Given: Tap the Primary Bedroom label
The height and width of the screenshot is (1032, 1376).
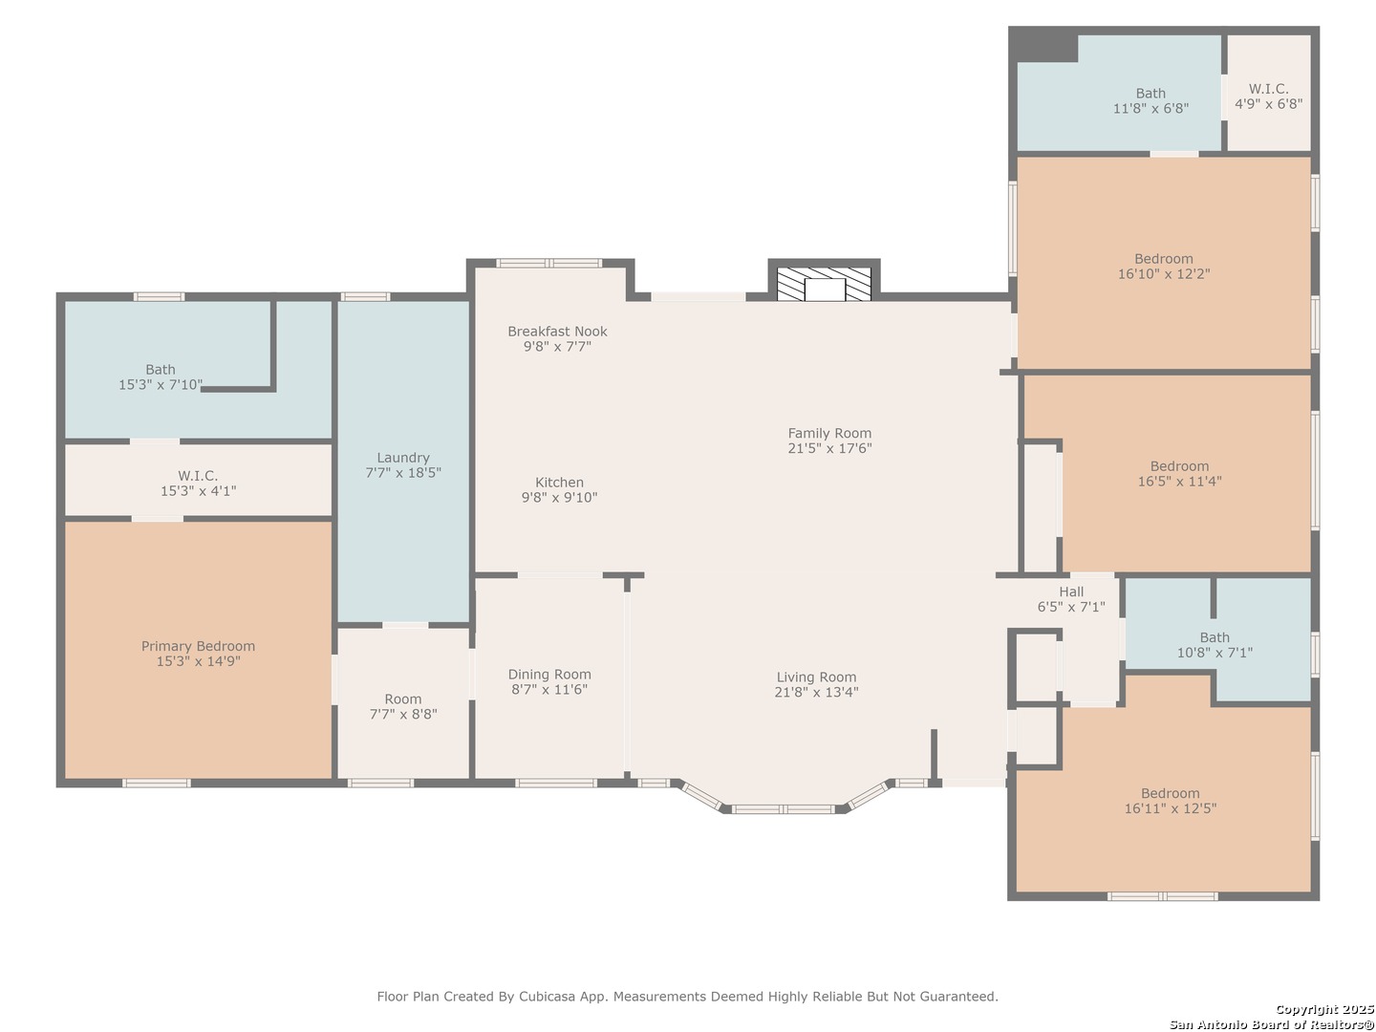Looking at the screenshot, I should [198, 647].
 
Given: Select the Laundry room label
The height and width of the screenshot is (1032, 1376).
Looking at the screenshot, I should [403, 458].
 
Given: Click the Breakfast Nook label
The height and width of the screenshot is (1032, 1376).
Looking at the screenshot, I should [557, 332].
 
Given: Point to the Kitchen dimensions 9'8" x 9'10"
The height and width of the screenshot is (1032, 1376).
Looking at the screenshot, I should [559, 498].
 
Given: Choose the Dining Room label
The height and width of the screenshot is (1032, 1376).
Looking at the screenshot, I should [549, 675].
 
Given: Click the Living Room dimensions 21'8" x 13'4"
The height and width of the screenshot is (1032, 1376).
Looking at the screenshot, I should [816, 693].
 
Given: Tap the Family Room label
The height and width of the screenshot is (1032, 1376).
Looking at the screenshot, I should [829, 433].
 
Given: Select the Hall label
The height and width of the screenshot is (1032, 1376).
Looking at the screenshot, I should [1071, 591].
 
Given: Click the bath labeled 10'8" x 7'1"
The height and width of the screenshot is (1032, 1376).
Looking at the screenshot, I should [1215, 645].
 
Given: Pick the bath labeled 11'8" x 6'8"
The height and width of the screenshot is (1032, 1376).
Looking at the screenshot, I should [1150, 100].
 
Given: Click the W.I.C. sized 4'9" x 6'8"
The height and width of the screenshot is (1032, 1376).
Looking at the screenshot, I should [1268, 96].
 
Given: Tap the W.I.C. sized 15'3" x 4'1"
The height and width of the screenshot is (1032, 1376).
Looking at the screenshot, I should [198, 483].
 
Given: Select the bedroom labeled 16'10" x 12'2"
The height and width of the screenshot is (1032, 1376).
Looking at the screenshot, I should [1164, 266].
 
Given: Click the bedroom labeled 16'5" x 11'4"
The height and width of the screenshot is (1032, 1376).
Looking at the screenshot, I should [1179, 474].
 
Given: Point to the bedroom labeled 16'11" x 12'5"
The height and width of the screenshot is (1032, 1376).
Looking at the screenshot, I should [1170, 801].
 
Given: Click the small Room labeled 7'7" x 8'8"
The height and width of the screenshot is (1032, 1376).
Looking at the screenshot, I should [403, 706].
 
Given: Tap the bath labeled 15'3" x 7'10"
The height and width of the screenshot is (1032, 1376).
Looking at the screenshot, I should [161, 376].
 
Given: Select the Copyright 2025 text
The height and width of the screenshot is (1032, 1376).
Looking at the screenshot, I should [1323, 1009].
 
